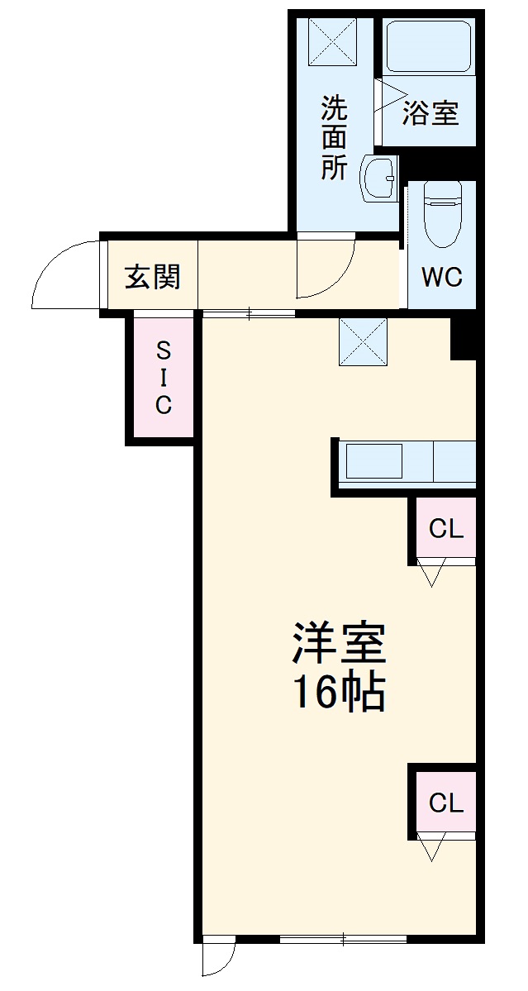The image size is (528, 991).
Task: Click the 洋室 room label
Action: pos(339,646)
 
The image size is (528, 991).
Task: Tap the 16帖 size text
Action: pos(339,694)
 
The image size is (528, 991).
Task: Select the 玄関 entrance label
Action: pos(152,277)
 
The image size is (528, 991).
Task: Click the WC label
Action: pos(442,278)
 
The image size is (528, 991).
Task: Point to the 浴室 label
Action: pos(430,113)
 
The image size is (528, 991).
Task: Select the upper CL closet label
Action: pos(446,529)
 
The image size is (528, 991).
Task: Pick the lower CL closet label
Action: pos(446,802)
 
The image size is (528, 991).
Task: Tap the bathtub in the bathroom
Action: pos(428,48)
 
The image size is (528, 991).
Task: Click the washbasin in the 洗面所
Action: pos(379,177)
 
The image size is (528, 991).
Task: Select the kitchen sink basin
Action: pos(373,461)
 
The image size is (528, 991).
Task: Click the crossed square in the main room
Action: pos(364,341)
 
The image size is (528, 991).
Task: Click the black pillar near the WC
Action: pos(463,337)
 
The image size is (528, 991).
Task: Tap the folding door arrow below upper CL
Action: pos(431,573)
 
